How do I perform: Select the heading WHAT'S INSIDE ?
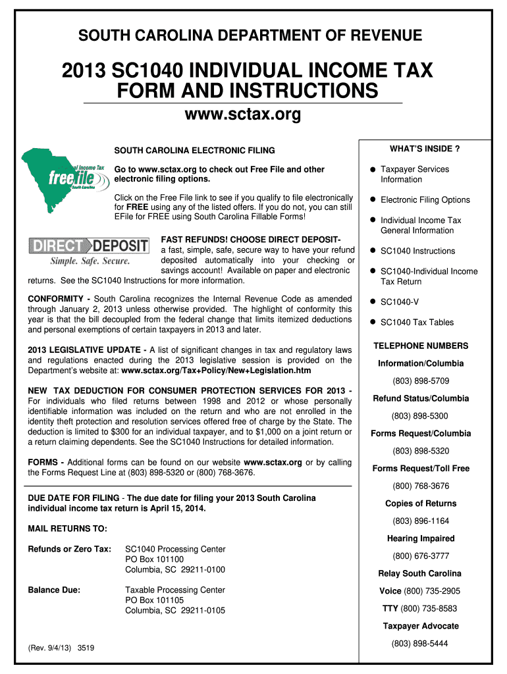(x=425, y=149)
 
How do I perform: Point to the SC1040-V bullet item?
(x=399, y=301)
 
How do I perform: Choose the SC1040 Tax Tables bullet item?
(x=416, y=322)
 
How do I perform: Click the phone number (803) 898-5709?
(x=421, y=381)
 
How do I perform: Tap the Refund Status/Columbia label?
(x=421, y=398)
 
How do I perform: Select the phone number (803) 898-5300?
(x=421, y=416)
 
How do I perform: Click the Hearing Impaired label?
(x=421, y=538)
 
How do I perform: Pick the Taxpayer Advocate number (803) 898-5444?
(x=421, y=643)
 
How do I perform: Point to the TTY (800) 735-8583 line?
(x=420, y=608)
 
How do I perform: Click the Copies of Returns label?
(x=421, y=504)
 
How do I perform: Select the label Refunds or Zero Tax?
(x=70, y=549)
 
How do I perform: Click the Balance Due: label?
(x=54, y=590)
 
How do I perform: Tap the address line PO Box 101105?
(x=154, y=600)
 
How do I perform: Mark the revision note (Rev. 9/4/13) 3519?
(x=61, y=648)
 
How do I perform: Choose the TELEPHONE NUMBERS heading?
(x=421, y=346)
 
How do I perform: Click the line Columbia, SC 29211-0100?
(x=175, y=569)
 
